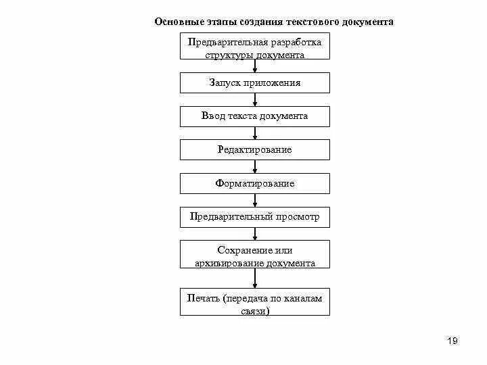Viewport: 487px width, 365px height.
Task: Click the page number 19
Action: [453, 341]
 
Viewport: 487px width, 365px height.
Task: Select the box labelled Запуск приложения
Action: [254, 83]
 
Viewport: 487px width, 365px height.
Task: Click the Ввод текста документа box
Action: [254, 116]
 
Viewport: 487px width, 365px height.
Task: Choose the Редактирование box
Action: [254, 149]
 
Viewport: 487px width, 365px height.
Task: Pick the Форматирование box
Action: [254, 183]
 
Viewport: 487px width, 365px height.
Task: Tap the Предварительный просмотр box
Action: [254, 217]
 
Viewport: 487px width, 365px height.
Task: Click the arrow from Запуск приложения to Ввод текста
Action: [255, 100]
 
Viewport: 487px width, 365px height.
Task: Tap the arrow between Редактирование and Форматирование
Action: [255, 166]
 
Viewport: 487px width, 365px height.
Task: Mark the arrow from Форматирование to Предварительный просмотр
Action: [255, 200]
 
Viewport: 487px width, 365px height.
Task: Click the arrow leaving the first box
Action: [255, 66]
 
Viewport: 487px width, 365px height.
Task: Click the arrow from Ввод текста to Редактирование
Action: [255, 133]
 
